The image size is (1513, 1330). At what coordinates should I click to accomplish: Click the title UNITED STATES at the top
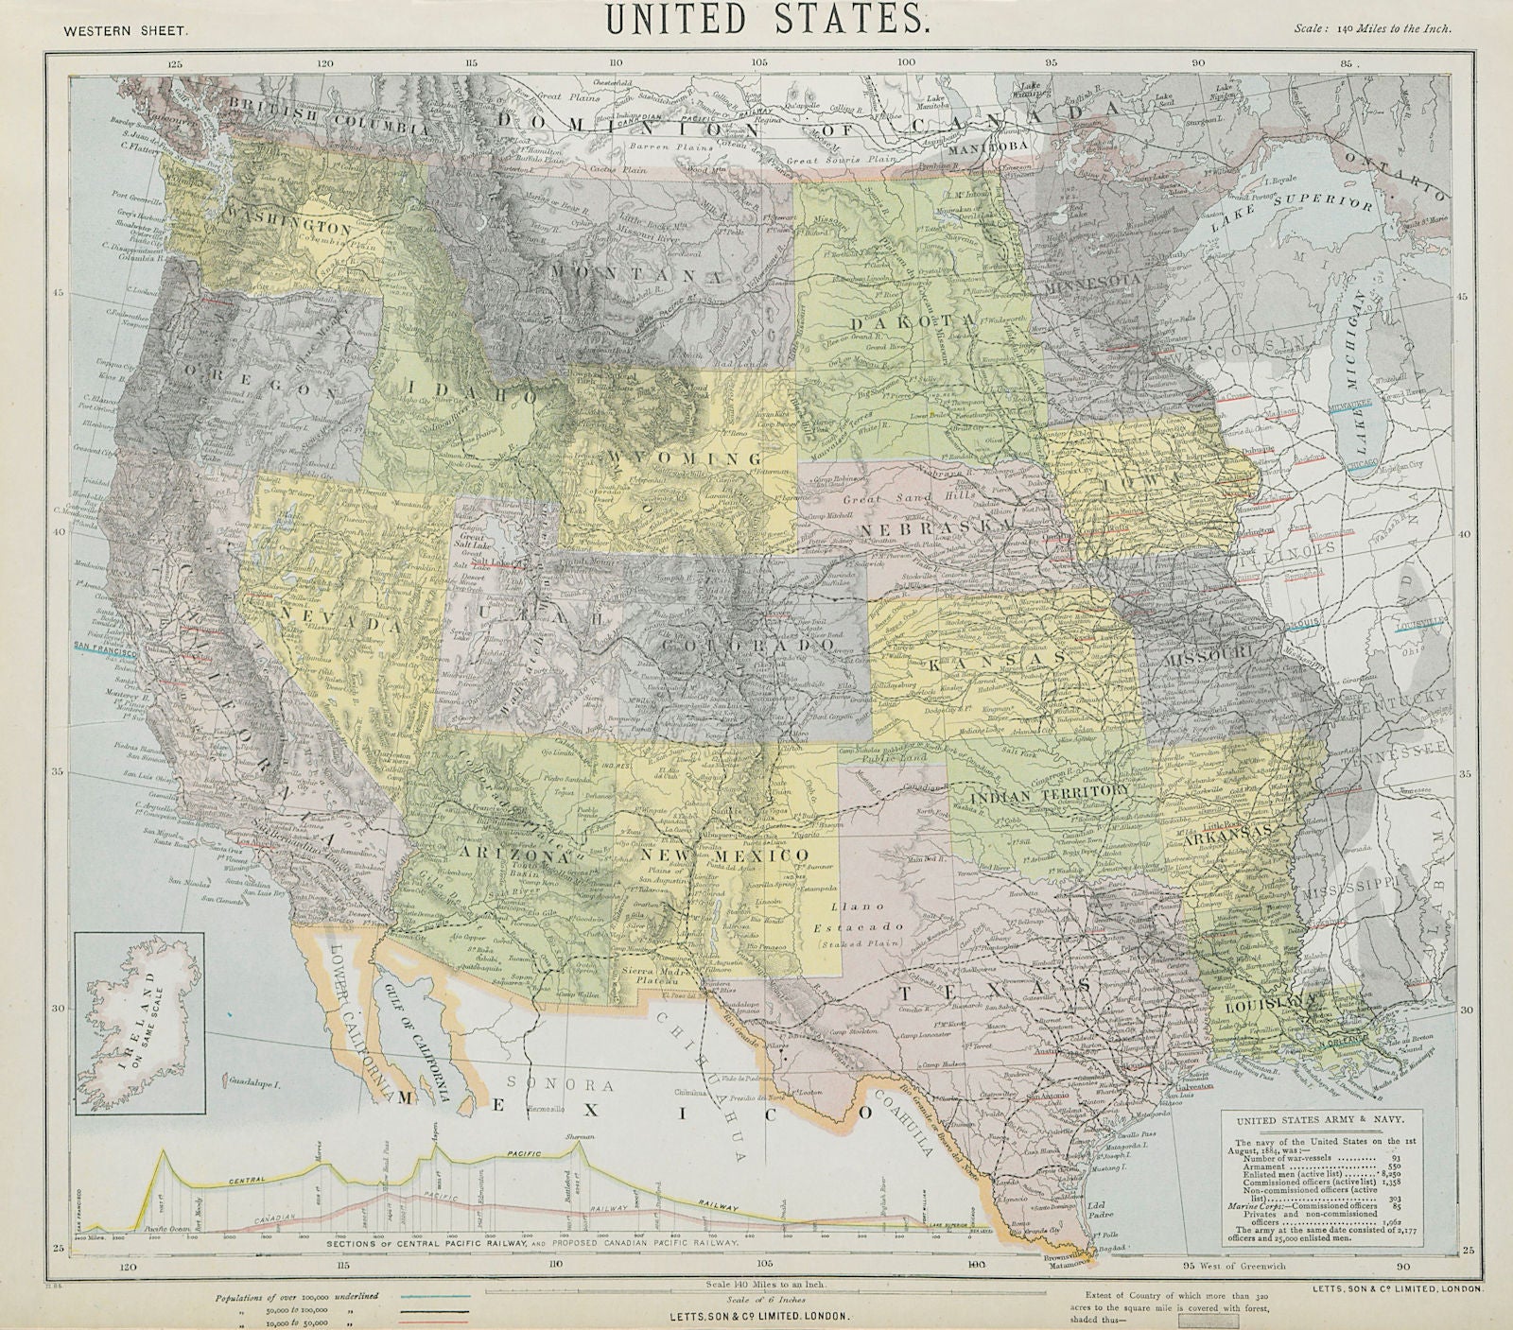click(757, 20)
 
